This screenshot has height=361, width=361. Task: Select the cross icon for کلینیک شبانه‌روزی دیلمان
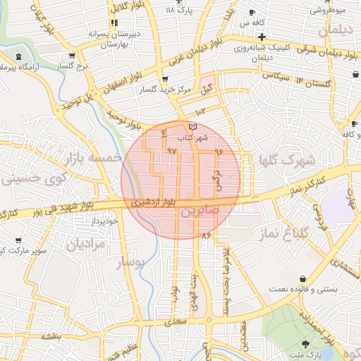pyautogui.click(x=262, y=37)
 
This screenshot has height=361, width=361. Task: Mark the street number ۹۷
pyautogui.click(x=171, y=151)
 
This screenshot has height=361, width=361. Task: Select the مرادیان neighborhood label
pyautogui.click(x=87, y=244)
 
